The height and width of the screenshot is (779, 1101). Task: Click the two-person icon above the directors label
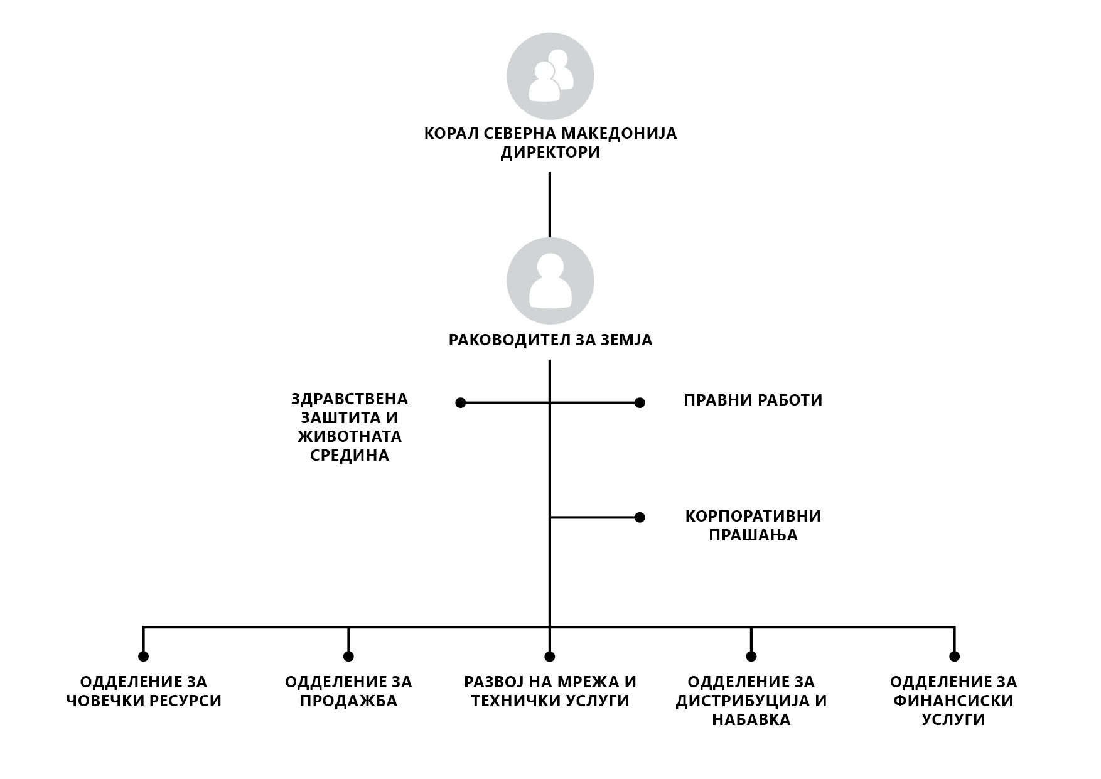pos(550,76)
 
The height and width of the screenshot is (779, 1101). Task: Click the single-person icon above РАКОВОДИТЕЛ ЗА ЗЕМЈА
pos(550,281)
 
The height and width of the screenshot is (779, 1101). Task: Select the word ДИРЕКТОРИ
pos(550,153)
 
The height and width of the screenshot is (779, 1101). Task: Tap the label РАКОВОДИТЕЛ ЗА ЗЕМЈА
pos(550,340)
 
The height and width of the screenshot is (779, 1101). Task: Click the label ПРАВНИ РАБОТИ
pos(753,400)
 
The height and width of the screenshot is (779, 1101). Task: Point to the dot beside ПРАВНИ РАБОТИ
pos(640,402)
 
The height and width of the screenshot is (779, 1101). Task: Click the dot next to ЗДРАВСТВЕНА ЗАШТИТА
pos(460,402)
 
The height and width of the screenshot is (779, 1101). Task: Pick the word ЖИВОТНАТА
pos(350,436)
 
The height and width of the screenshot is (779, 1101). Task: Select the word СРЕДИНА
pos(350,455)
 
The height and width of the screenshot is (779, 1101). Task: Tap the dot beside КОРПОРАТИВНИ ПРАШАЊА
pos(640,517)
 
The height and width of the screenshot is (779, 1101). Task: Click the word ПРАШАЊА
pos(753,535)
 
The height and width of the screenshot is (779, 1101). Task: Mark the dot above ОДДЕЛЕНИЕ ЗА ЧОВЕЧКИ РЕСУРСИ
pos(143,657)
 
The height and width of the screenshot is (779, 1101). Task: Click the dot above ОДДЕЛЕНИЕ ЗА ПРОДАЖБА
pos(348,657)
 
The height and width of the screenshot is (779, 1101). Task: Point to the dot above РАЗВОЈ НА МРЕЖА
pos(550,657)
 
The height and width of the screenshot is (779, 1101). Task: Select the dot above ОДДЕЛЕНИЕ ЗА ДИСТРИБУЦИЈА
pos(751,657)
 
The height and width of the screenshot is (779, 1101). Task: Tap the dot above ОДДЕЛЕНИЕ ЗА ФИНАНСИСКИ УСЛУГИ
pos(954,657)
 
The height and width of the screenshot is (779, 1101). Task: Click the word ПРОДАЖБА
pos(348,701)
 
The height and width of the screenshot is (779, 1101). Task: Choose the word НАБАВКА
pos(751,720)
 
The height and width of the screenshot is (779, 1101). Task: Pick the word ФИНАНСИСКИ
pos(953,701)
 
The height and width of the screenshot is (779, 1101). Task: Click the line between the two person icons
pos(550,205)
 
